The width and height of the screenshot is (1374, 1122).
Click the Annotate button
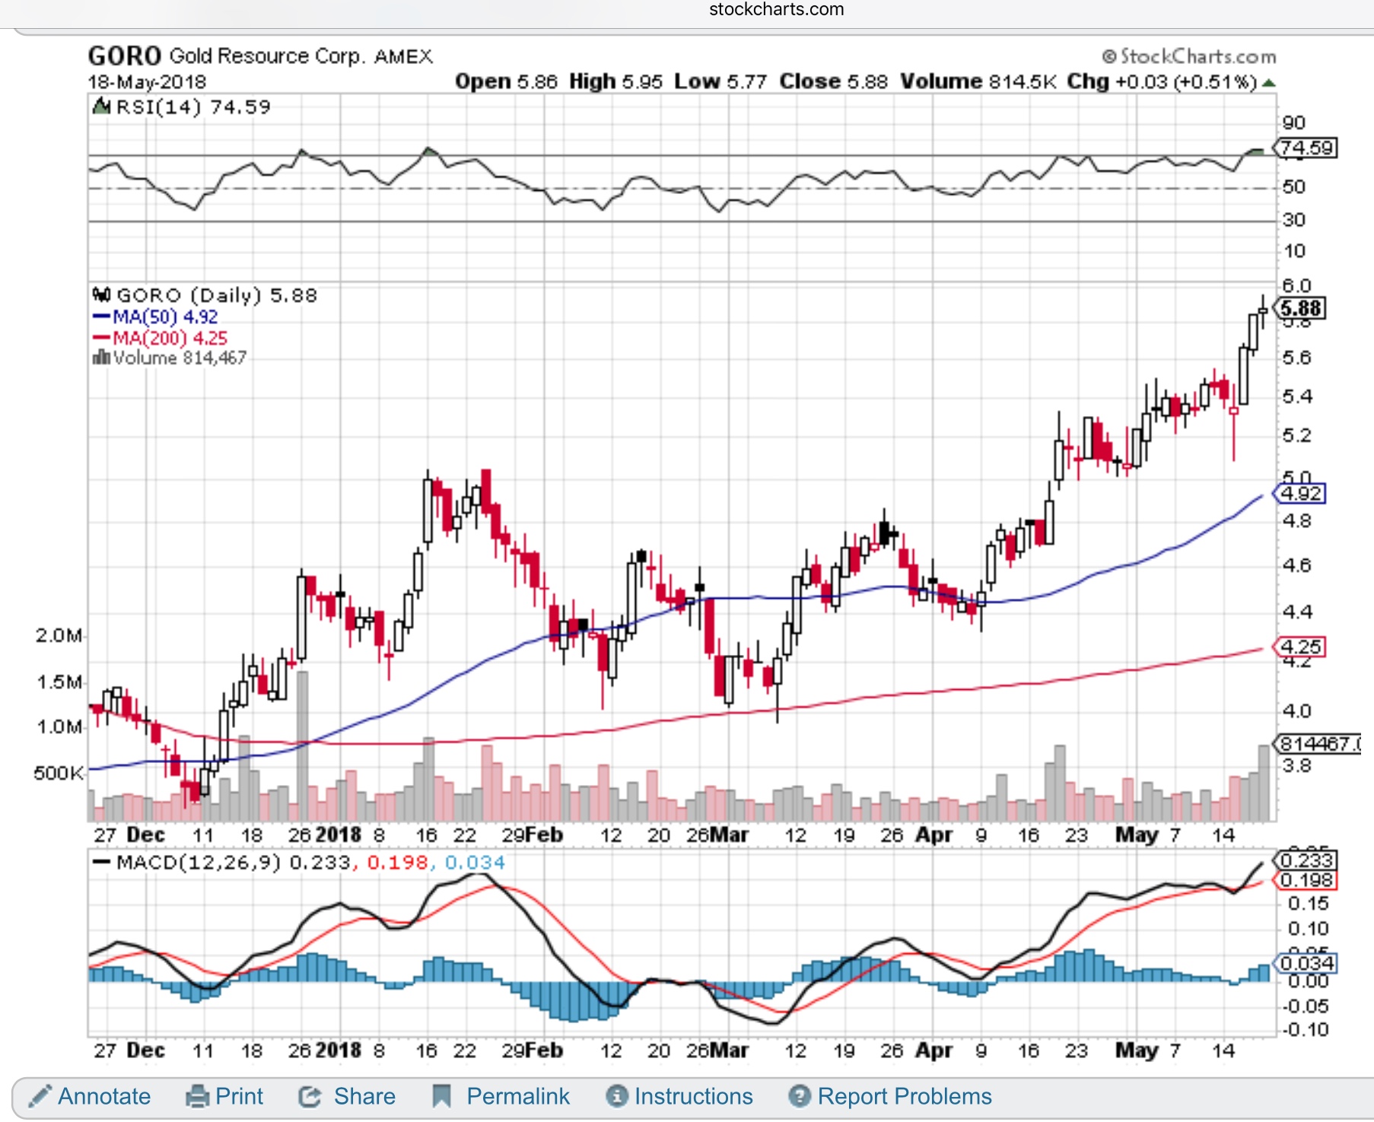[90, 1096]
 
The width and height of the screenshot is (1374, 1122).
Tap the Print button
[225, 1096]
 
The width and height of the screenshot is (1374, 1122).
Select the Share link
[348, 1096]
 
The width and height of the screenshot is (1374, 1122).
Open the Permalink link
[501, 1096]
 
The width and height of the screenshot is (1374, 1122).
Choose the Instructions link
[679, 1096]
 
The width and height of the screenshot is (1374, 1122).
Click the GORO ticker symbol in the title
[124, 56]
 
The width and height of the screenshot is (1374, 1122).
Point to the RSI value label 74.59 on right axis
[1306, 148]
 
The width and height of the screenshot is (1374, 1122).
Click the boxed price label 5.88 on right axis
[1301, 308]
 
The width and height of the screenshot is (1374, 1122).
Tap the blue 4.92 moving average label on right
[1301, 494]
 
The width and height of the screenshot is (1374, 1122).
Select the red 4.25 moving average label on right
[1301, 647]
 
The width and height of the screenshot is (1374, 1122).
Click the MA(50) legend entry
[155, 317]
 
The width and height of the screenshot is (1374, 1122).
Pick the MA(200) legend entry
[160, 339]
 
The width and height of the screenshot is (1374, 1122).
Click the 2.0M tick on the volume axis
[58, 635]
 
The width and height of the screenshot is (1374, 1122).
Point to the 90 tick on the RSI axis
[1293, 123]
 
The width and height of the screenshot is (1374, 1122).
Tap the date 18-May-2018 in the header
[147, 82]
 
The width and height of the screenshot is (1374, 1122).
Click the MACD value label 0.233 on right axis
[1306, 860]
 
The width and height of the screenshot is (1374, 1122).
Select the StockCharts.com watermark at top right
[1189, 56]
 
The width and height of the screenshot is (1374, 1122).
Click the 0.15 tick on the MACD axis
[1308, 904]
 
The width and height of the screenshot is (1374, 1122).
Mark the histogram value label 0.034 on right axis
[1306, 964]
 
